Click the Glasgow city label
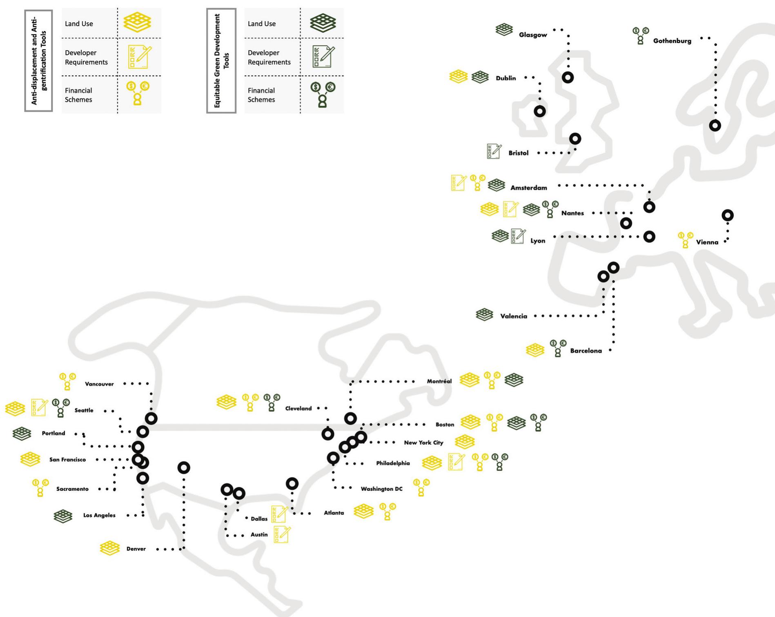pyautogui.click(x=533, y=35)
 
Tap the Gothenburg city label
pyautogui.click(x=672, y=41)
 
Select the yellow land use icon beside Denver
pyautogui.click(x=110, y=548)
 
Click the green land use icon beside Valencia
pyautogui.click(x=485, y=314)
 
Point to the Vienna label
pyautogui.click(x=707, y=242)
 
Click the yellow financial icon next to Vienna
pyautogui.click(x=686, y=240)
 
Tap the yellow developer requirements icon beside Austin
pyautogui.click(x=282, y=535)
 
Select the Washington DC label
pyautogui.click(x=381, y=489)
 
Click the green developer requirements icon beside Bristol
pyautogui.click(x=494, y=151)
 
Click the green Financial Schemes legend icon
pyautogui.click(x=323, y=94)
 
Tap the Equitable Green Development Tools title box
pyautogui.click(x=221, y=60)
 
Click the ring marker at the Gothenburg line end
pyautogui.click(x=715, y=125)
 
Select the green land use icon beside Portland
pyautogui.click(x=22, y=433)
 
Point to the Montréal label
pyautogui.click(x=439, y=381)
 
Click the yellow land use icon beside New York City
pyautogui.click(x=465, y=441)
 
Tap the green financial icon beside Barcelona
pyautogui.click(x=558, y=348)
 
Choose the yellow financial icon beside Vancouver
pyautogui.click(x=67, y=381)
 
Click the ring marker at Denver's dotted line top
pyautogui.click(x=184, y=468)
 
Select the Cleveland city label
pyautogui.click(x=298, y=408)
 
